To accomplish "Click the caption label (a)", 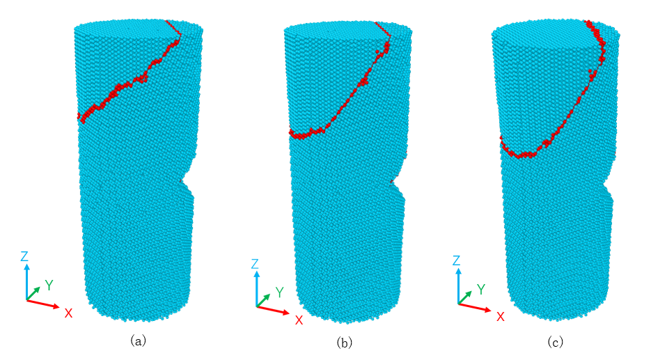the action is (139, 341).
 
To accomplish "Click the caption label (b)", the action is (345, 342).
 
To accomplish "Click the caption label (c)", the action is (555, 342).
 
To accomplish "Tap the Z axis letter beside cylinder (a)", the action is (24, 256).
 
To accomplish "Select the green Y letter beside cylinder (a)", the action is (49, 285).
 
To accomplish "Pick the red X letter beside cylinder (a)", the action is (68, 313).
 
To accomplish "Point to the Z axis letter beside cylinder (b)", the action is (255, 264).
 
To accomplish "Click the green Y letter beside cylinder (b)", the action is (279, 292).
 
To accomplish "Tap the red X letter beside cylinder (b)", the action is (299, 320).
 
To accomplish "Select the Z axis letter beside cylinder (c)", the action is (457, 260).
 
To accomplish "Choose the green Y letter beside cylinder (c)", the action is (481, 290).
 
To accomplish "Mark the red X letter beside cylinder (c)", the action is (501, 317).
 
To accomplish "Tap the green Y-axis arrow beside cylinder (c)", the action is (465, 298).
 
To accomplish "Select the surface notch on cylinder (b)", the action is (395, 182).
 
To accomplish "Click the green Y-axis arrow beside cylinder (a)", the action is (33, 294).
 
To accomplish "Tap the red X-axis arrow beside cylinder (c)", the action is (475, 308).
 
